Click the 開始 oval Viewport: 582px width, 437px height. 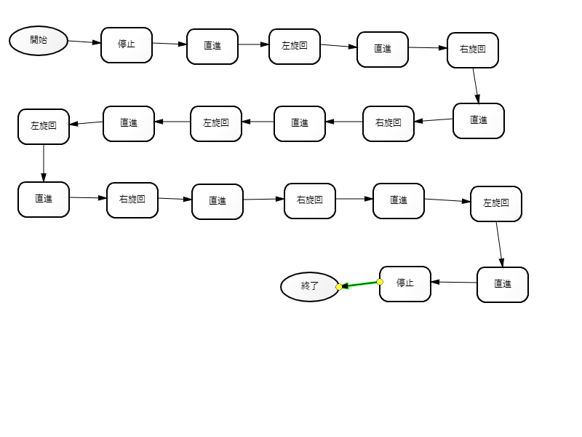(x=39, y=41)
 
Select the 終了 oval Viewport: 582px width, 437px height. (x=310, y=286)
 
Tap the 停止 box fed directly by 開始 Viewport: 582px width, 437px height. (x=127, y=45)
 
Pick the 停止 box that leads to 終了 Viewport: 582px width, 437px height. (x=405, y=283)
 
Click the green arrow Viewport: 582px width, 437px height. (x=359, y=284)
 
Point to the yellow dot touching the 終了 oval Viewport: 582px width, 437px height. (x=339, y=287)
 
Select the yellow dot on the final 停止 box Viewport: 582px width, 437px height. (x=380, y=282)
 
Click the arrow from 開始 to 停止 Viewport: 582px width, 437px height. (x=84, y=42)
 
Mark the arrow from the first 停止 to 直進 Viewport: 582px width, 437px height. (x=170, y=44)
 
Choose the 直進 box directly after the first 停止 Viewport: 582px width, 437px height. (x=212, y=47)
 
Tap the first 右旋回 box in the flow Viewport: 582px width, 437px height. (x=473, y=50)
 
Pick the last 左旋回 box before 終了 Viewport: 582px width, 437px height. (x=496, y=204)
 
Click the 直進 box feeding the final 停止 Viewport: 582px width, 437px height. (x=503, y=285)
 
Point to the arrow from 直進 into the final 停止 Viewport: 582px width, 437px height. (x=454, y=282)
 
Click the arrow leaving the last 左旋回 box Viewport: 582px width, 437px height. (x=500, y=244)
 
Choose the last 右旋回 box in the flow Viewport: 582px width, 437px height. (x=310, y=201)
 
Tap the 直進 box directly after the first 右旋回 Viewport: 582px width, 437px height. (x=479, y=121)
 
